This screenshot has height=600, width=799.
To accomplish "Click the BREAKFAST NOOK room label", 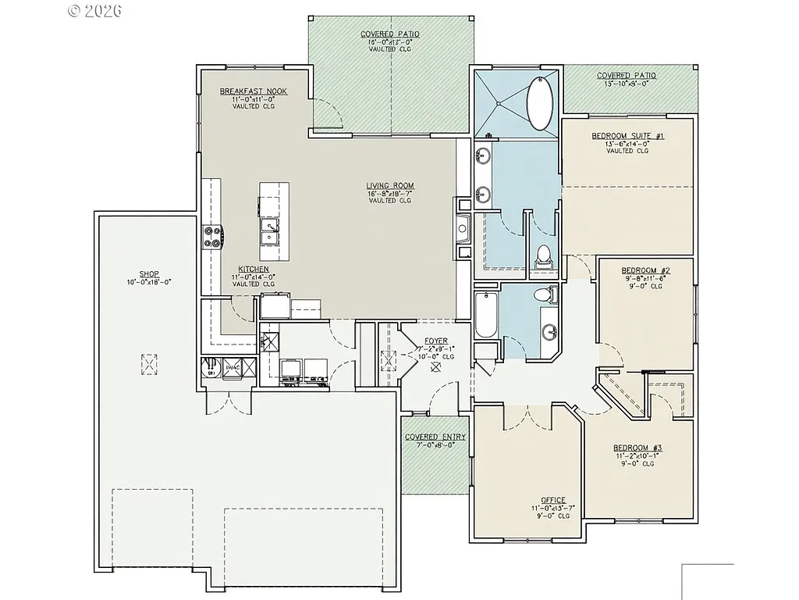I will tap(253, 91).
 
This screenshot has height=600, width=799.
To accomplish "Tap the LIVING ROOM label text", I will tap(389, 186).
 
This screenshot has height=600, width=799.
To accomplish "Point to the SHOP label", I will tap(149, 274).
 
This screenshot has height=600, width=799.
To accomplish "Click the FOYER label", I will tap(435, 341).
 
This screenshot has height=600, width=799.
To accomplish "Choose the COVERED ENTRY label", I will tap(435, 437).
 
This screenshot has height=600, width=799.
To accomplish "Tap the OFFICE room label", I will tap(552, 501).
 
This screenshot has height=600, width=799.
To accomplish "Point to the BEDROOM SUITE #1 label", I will tap(627, 136).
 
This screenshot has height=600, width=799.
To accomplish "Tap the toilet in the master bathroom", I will tap(544, 255).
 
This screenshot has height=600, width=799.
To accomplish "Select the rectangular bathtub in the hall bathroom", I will tap(485, 316).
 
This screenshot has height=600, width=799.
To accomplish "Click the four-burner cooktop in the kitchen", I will tap(213, 236).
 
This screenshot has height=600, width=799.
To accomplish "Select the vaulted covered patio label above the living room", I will tap(389, 35).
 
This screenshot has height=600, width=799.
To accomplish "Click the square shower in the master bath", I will tap(499, 104).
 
